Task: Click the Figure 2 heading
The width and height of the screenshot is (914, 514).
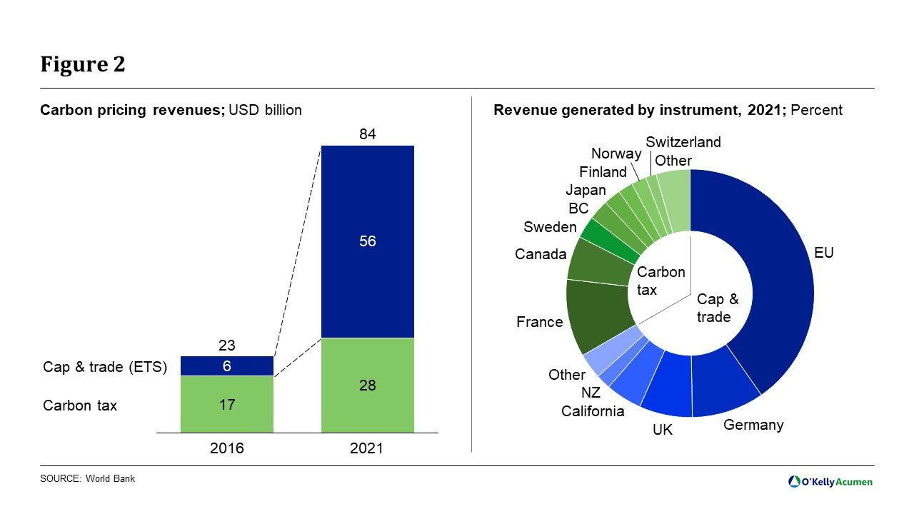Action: point(82,65)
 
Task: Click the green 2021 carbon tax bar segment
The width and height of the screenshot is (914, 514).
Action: point(368,385)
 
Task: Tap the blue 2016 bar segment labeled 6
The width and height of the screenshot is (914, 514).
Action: point(226,366)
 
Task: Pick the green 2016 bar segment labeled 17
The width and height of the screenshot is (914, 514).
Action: point(226,404)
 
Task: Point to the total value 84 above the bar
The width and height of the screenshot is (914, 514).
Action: point(368,134)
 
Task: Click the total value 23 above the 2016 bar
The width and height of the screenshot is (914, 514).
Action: point(226,346)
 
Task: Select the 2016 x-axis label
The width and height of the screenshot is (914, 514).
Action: point(226,448)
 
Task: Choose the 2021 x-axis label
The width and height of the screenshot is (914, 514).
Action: point(368,448)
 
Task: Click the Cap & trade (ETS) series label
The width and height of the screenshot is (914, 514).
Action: point(105,367)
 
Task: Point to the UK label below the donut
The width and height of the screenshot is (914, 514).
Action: point(663,430)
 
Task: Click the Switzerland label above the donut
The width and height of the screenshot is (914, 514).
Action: point(683,142)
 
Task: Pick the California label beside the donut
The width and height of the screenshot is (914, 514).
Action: point(593,411)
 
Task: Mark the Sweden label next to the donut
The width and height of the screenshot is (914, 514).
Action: point(550,227)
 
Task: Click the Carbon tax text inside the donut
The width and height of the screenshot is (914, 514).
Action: point(661,281)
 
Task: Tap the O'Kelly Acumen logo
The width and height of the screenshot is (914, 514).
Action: point(830,482)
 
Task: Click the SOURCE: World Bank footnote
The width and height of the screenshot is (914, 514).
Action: point(87,478)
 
